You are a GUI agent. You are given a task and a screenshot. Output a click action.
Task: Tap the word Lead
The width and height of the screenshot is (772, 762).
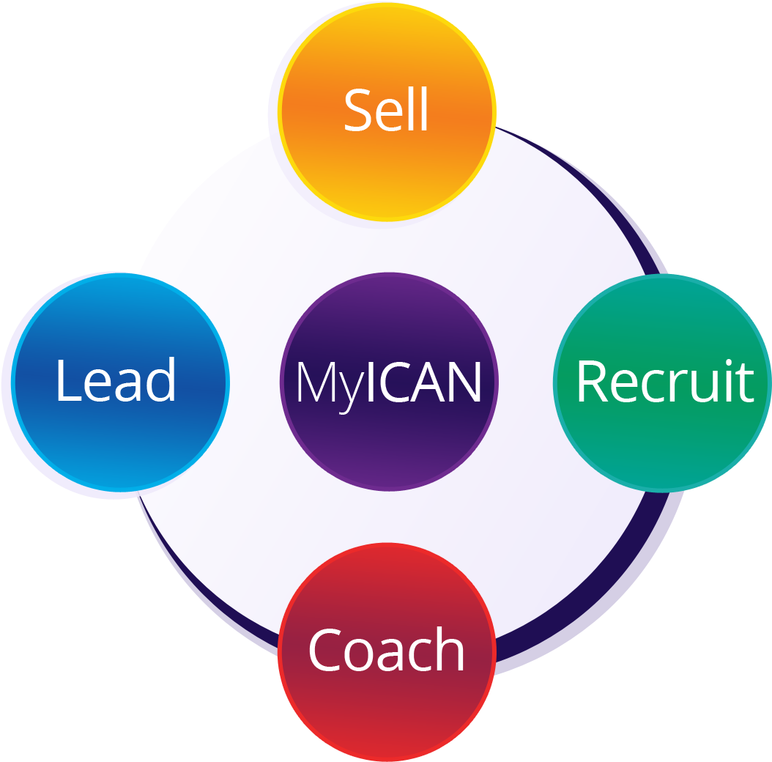click(x=116, y=380)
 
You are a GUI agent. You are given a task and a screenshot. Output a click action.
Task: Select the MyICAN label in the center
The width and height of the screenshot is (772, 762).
click(x=388, y=382)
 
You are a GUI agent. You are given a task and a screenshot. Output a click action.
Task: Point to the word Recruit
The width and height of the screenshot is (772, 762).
click(x=664, y=381)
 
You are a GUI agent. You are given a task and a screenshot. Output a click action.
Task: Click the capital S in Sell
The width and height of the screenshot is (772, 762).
click(x=358, y=111)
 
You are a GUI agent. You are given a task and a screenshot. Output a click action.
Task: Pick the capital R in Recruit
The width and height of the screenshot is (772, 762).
click(x=590, y=382)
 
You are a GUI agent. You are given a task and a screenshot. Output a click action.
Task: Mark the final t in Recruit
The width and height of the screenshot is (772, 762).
click(x=746, y=382)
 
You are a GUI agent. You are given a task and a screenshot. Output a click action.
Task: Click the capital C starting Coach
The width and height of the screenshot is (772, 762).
click(x=324, y=650)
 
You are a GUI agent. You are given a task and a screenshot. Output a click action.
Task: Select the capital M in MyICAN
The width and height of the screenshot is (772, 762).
click(x=316, y=382)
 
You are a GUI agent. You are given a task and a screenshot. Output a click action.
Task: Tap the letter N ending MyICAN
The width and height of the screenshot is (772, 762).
click(x=465, y=382)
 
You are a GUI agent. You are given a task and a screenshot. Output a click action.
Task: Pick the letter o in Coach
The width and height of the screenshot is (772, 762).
click(x=359, y=654)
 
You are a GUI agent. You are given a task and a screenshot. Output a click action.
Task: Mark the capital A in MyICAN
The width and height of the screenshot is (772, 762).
click(x=432, y=382)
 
